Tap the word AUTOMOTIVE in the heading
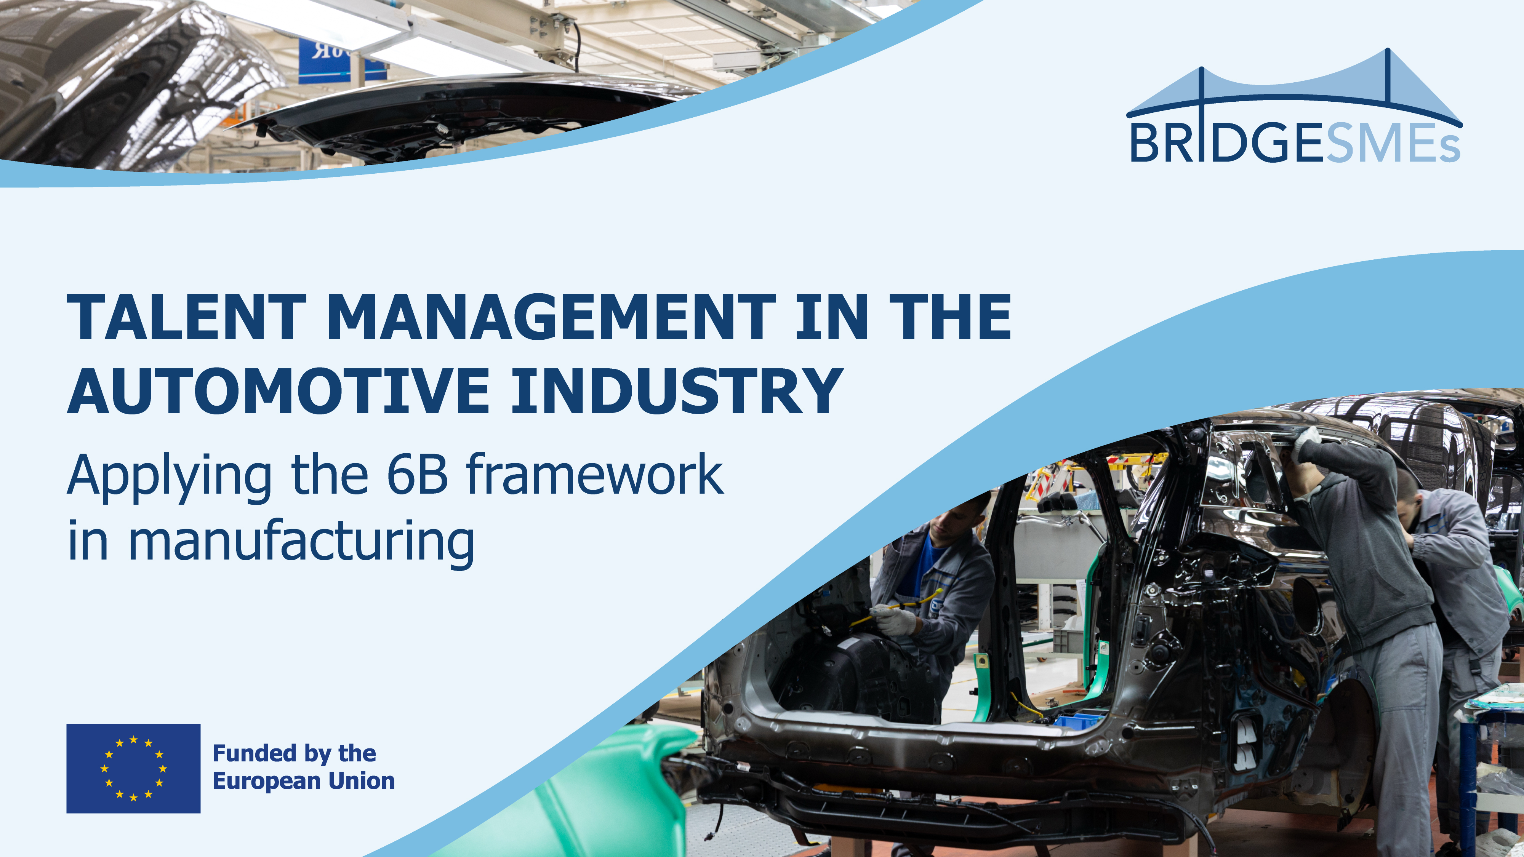(x=278, y=392)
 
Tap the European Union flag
(x=133, y=768)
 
